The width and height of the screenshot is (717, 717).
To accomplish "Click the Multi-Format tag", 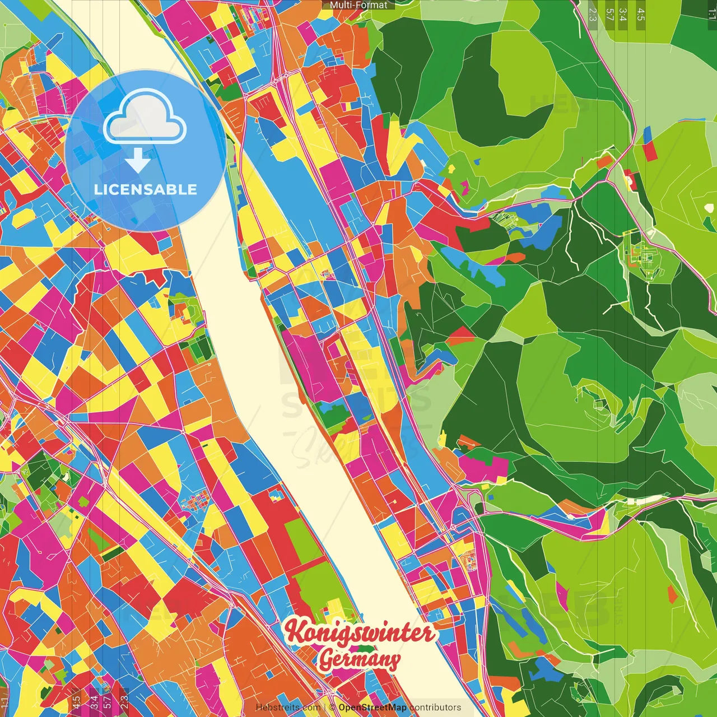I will pyautogui.click(x=358, y=5).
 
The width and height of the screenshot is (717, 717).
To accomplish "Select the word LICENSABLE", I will pyautogui.click(x=146, y=189).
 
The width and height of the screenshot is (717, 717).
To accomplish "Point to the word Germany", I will pyautogui.click(x=359, y=659).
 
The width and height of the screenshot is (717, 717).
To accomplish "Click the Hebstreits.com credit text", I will pyautogui.click(x=288, y=707).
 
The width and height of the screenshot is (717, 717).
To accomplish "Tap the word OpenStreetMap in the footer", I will pyautogui.click(x=373, y=707).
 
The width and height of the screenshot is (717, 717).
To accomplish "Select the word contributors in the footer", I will pyautogui.click(x=435, y=707).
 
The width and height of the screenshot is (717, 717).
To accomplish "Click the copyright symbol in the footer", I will pyautogui.click(x=332, y=707).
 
